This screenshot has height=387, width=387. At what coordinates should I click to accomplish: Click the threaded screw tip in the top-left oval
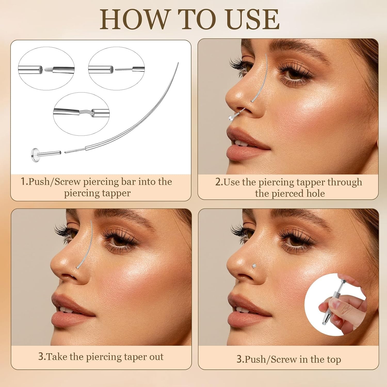point(48,69)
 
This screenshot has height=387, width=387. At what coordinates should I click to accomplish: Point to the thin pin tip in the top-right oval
point(123,69)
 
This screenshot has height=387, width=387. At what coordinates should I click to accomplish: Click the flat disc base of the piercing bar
point(35,154)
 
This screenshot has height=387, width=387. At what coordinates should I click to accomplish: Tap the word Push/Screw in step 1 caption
point(55,182)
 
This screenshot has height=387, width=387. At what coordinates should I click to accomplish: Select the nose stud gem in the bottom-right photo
point(254,265)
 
